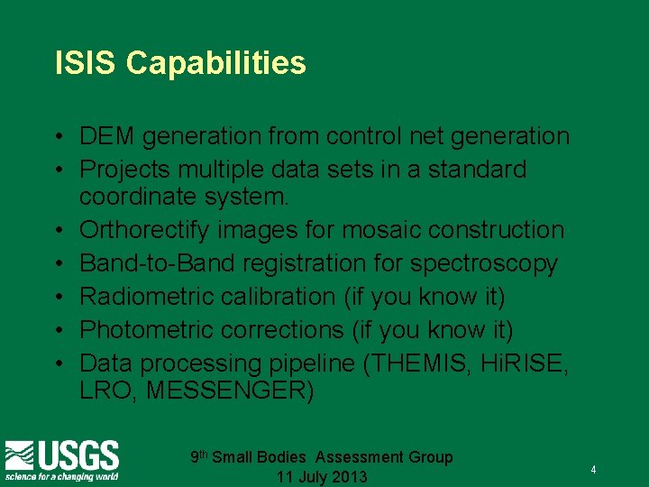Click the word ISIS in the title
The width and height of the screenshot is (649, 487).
point(86,63)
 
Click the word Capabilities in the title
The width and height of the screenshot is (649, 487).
point(216,64)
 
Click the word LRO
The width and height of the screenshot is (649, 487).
point(105,392)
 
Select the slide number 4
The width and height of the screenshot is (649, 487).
point(593,471)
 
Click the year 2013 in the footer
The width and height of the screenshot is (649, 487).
point(346,476)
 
